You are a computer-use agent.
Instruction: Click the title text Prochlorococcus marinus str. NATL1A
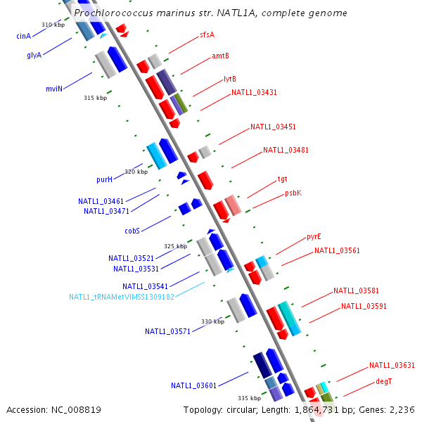coord(210,13)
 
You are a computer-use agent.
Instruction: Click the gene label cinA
coord(23,36)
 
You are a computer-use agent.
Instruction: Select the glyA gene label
coord(34,55)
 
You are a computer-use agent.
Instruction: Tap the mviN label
coord(54,89)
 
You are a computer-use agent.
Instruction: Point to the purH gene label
coord(104,179)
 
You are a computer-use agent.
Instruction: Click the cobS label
coord(132,230)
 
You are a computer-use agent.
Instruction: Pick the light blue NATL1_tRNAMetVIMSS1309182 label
coord(122,297)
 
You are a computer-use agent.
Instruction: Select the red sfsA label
coord(207,34)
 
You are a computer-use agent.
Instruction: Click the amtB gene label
coord(220,56)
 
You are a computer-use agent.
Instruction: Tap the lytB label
coord(230,79)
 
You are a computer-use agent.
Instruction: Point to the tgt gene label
coord(282,179)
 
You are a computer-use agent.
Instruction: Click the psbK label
coord(293,193)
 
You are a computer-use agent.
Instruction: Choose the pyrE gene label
coord(314,236)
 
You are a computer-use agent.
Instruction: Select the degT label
coord(383,381)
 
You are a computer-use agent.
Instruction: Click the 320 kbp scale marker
coord(136,172)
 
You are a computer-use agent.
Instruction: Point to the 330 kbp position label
coord(213,321)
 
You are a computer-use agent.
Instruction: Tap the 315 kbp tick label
coord(95,98)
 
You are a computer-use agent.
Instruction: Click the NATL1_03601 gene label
coord(193,385)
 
